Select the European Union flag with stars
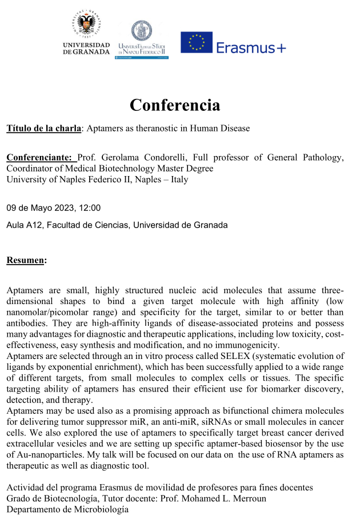(197, 43)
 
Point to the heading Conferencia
(174, 105)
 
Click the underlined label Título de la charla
(43, 128)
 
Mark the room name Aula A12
(22, 225)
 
